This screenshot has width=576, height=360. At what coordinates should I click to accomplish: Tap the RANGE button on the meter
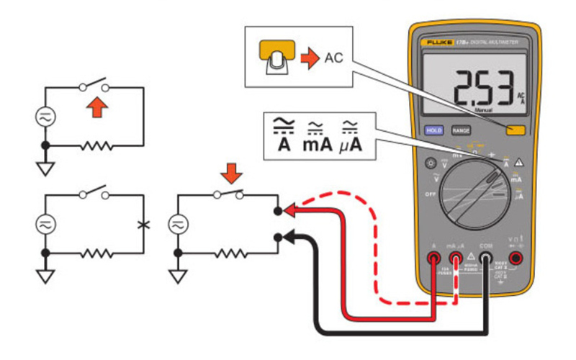coord(460,130)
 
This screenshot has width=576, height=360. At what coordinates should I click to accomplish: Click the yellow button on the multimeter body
coord(514,130)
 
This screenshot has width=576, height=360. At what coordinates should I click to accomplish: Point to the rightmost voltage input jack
coord(516,257)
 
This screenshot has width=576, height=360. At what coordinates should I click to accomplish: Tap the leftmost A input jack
coord(433,257)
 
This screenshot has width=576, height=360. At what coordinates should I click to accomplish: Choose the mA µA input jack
coord(456,257)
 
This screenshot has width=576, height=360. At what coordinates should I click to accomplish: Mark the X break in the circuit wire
coord(143,224)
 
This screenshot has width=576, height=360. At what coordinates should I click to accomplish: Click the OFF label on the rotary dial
coord(431,194)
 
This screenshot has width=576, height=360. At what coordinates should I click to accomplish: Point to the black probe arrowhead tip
coord(284,235)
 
